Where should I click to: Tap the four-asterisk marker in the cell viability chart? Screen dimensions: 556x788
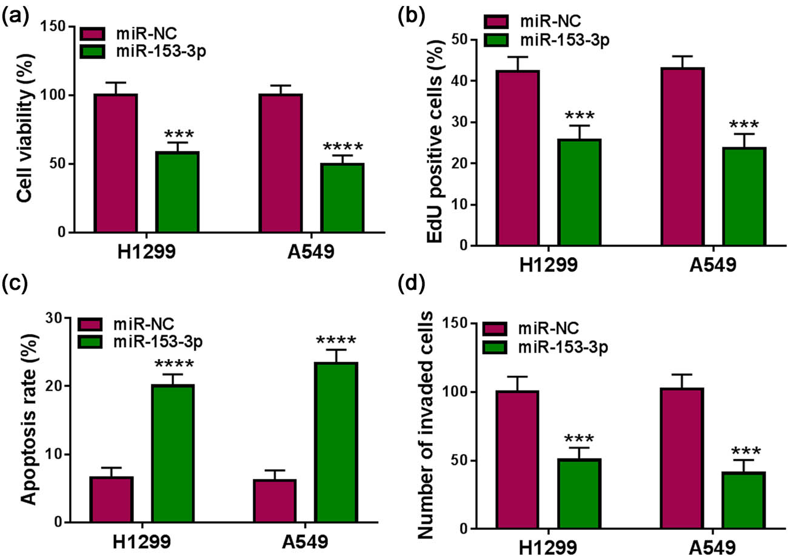[342, 147]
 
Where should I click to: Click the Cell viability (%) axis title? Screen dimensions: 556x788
[24, 130]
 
